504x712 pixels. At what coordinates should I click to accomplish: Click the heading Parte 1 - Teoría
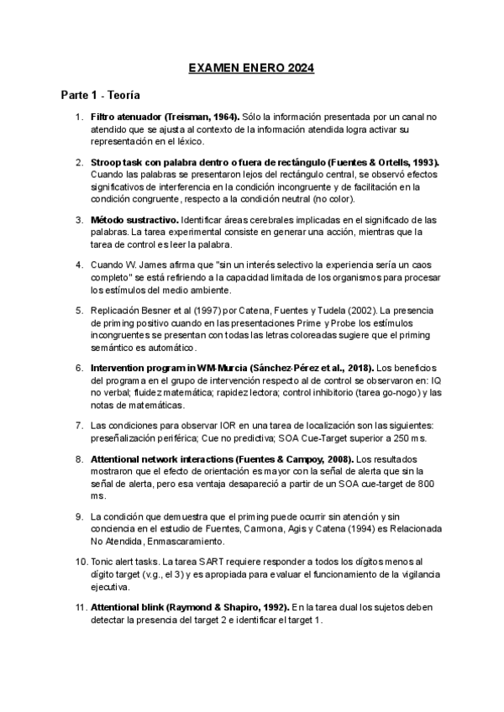pyautogui.click(x=99, y=95)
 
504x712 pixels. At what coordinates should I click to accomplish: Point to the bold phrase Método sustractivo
pyautogui.click(x=133, y=219)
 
